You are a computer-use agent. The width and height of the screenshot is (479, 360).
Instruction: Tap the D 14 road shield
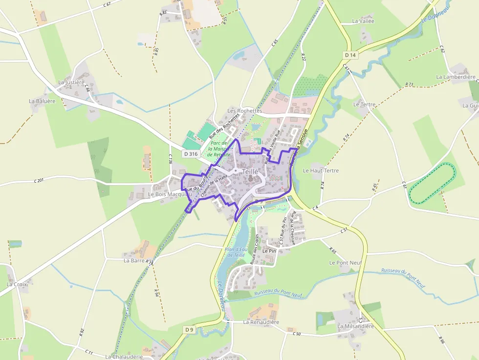350,55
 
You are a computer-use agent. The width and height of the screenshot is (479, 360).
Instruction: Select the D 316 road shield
191,154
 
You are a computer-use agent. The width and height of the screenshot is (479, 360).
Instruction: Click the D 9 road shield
190,330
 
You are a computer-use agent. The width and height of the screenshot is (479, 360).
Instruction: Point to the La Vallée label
363,21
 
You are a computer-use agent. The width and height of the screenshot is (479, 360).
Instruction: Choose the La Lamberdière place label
456,77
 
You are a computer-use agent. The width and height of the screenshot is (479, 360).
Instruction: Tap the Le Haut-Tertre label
321,170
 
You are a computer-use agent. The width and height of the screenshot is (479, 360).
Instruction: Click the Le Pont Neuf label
345,262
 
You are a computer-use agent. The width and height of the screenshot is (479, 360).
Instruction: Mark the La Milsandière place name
355,326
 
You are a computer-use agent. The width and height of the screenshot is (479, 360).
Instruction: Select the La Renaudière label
261,322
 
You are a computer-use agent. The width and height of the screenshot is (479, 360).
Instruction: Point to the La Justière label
71,82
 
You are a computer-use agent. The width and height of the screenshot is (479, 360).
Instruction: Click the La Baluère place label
42,101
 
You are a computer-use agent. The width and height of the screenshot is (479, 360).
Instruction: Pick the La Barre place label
133,260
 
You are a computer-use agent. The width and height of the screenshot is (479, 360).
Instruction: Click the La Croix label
17,284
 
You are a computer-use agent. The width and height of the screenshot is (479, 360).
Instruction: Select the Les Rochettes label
244,111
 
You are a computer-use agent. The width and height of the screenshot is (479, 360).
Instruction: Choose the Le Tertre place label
364,105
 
